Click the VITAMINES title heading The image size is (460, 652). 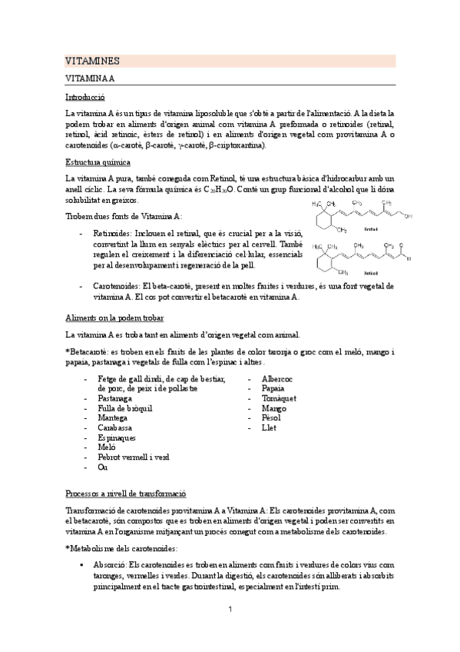91,61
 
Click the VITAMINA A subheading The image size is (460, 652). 90,78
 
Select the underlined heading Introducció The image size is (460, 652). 85,98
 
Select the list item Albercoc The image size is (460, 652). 276,378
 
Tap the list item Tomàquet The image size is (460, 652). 278,398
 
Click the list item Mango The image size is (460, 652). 273,408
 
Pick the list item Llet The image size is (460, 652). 269,427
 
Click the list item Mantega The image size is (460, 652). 113,417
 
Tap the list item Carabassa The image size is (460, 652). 114,427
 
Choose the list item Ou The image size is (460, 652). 103,467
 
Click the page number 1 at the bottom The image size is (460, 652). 230,610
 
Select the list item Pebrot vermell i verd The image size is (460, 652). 133,457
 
